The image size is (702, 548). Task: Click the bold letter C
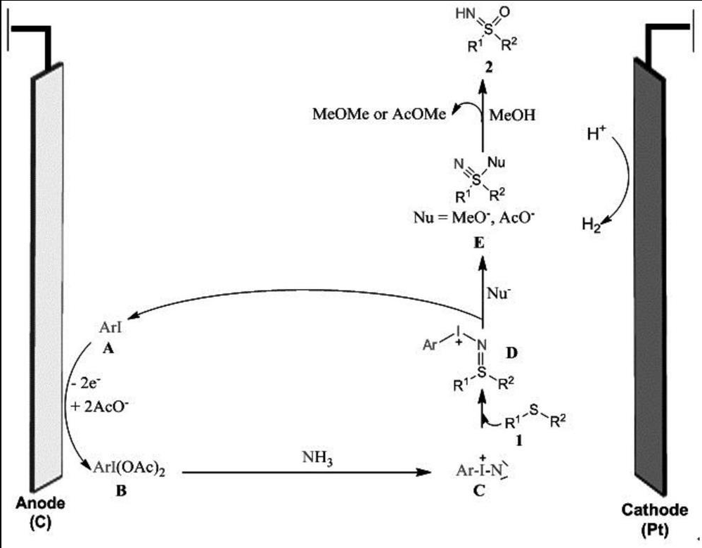[479, 491]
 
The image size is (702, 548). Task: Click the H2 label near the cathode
[592, 225]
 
